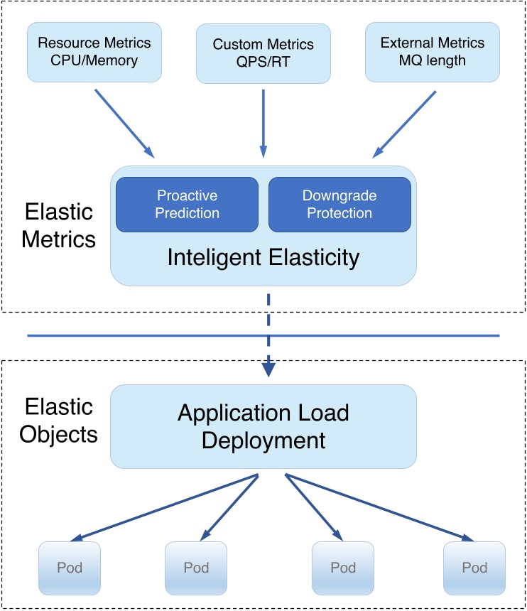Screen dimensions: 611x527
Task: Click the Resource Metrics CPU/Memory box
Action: coord(94,51)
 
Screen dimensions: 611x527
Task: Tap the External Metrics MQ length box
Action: coord(433,51)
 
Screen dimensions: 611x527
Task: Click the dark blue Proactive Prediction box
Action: coord(187,204)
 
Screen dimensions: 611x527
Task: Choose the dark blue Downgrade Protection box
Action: coord(339,204)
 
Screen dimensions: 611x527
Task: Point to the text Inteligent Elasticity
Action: coord(263,257)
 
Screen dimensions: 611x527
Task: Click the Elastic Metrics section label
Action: coord(58,225)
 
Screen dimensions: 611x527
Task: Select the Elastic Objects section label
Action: coord(58,420)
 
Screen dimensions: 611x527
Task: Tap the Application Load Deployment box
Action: coord(263,426)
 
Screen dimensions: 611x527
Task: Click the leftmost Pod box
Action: coord(70,568)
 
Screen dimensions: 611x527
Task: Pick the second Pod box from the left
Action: coord(196,568)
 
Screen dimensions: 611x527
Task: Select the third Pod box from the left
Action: coord(343,568)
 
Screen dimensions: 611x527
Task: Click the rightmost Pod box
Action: coord(474,568)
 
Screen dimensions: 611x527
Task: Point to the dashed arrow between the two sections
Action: coord(268,334)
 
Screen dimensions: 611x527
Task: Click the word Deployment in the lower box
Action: coord(263,440)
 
